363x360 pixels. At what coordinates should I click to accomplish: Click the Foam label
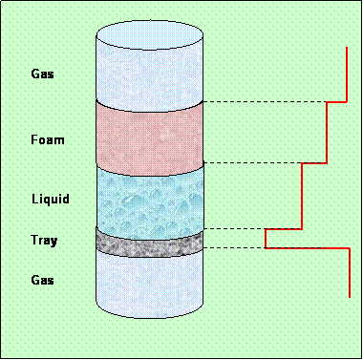pyautogui.click(x=47, y=140)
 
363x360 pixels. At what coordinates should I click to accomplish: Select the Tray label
pyautogui.click(x=43, y=241)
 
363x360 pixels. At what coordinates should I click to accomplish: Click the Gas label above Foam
pyautogui.click(x=43, y=74)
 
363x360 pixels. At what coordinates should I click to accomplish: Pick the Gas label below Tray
pyautogui.click(x=43, y=281)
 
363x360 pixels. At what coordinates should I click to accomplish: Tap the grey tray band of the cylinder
pyautogui.click(x=150, y=243)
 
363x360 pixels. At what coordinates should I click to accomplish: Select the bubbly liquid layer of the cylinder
pyautogui.click(x=150, y=201)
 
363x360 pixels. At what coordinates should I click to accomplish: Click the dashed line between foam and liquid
pyautogui.click(x=252, y=163)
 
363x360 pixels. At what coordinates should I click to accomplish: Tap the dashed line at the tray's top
pyautogui.click(x=234, y=229)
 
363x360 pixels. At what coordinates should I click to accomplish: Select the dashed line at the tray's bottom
pyautogui.click(x=234, y=248)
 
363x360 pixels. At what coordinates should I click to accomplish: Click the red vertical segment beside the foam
pyautogui.click(x=327, y=132)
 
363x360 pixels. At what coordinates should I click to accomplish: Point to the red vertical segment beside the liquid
pyautogui.click(x=302, y=196)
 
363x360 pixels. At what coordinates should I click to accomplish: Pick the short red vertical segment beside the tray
pyautogui.click(x=265, y=239)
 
